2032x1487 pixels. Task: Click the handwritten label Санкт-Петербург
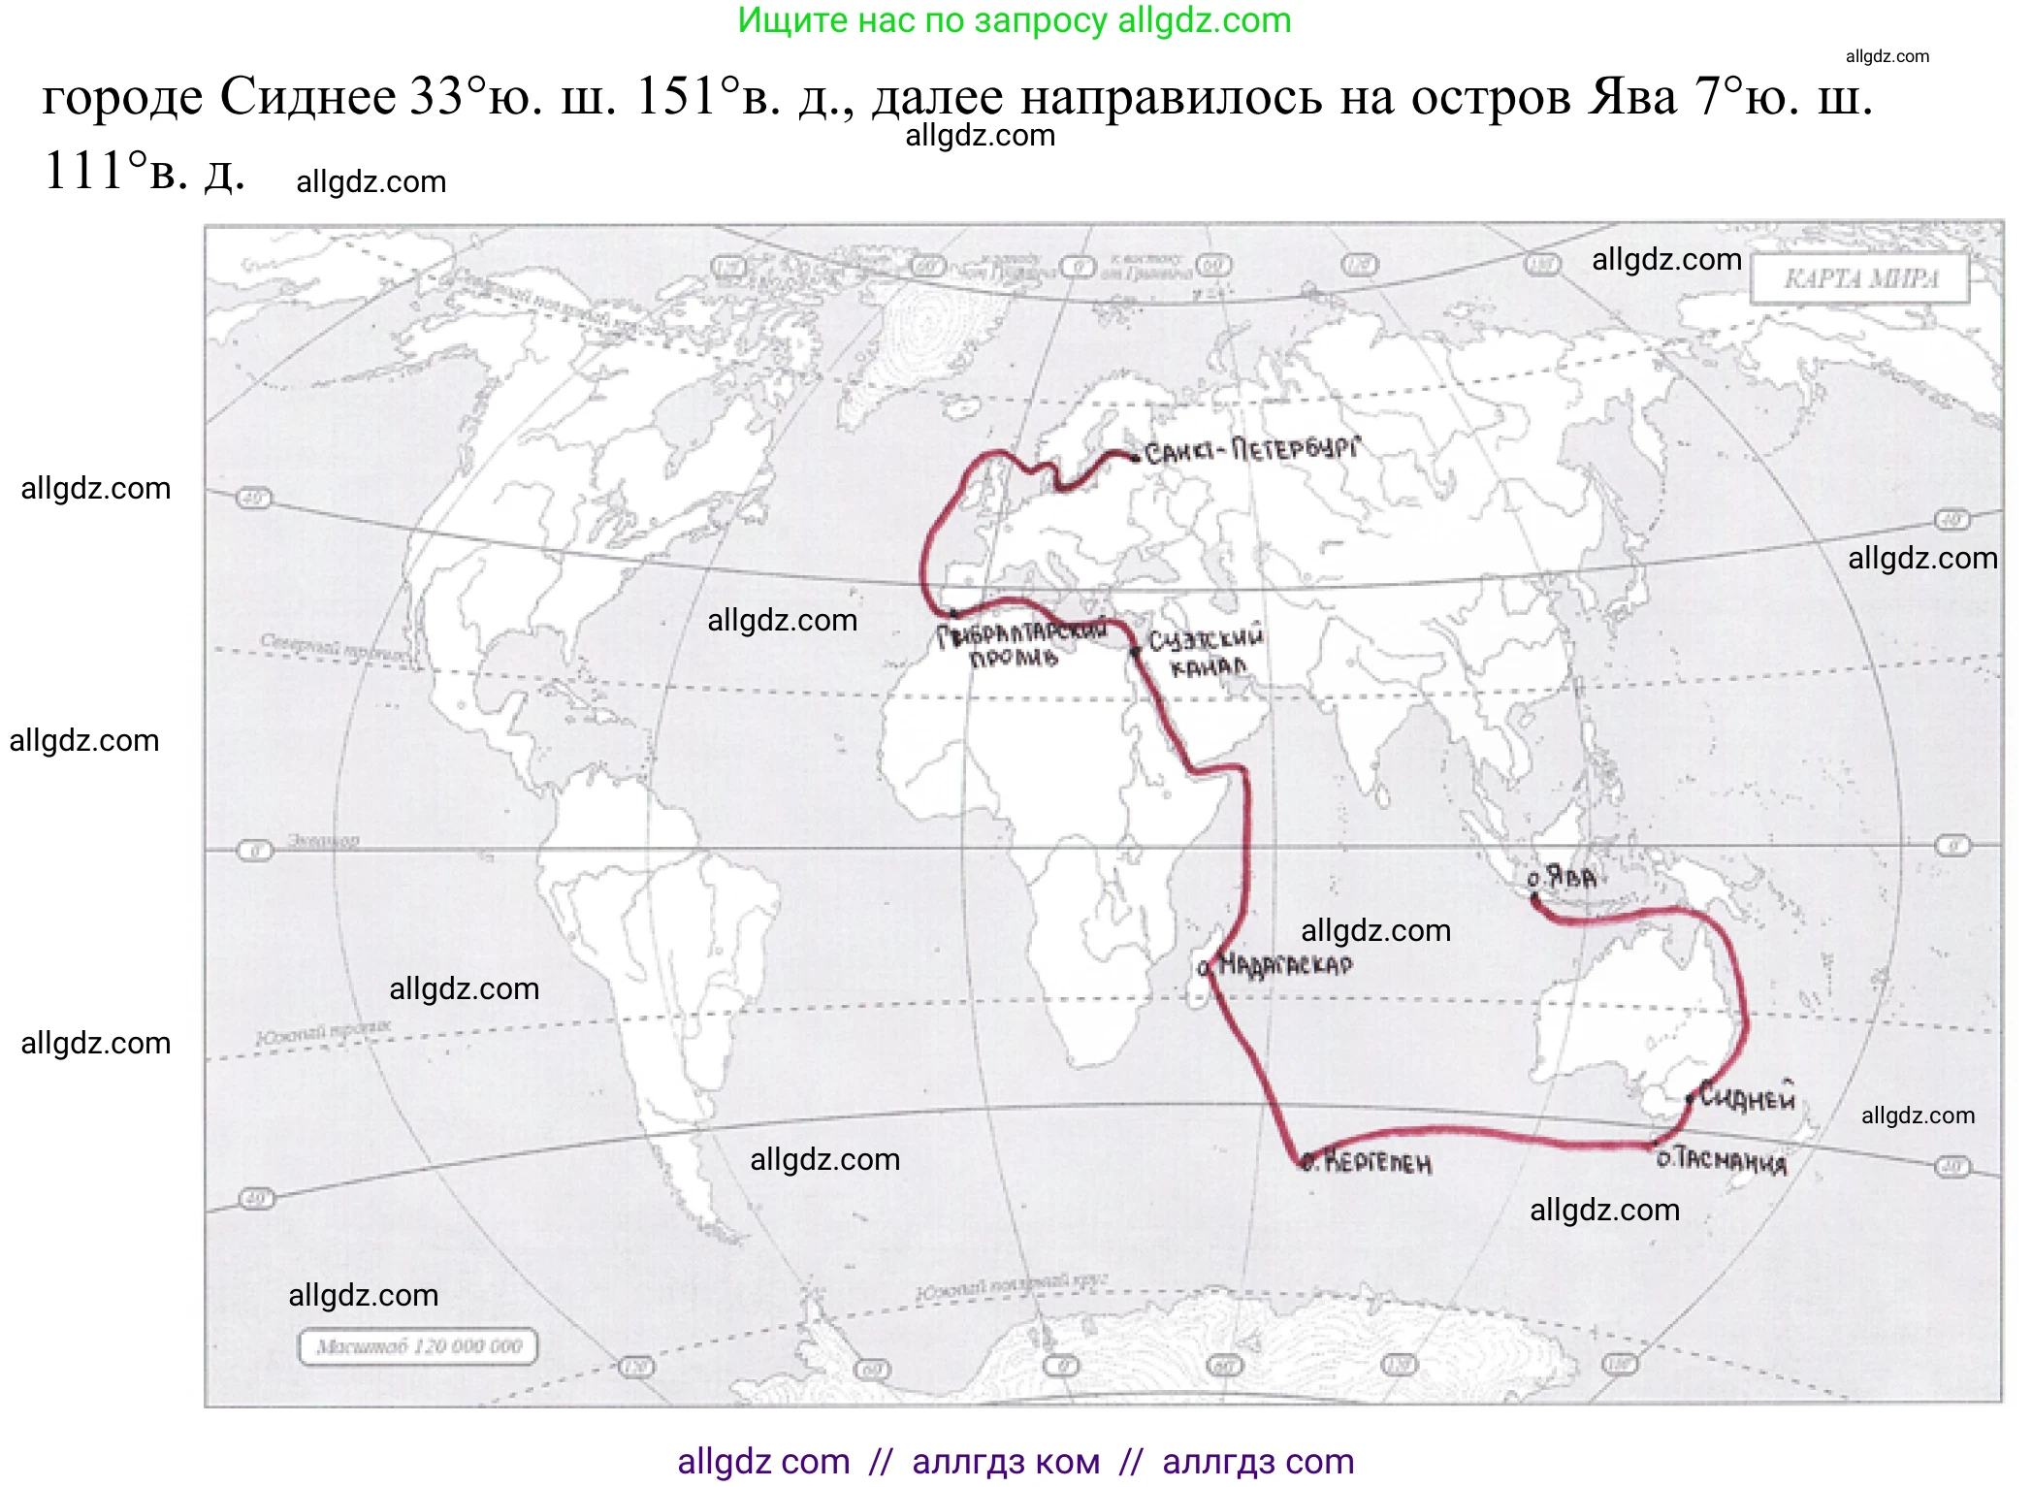pos(1251,450)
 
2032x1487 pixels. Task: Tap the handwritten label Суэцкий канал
pos(1206,653)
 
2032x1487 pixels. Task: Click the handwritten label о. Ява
pos(1562,878)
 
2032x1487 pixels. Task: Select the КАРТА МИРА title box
pos(1860,279)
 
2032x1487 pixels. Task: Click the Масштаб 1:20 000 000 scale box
pos(418,1346)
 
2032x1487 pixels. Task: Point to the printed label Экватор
pos(323,840)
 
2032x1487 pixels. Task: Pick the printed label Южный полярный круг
pos(1011,1286)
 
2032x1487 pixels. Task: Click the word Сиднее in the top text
pos(307,97)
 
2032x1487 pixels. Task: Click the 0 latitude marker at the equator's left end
pos(255,851)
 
